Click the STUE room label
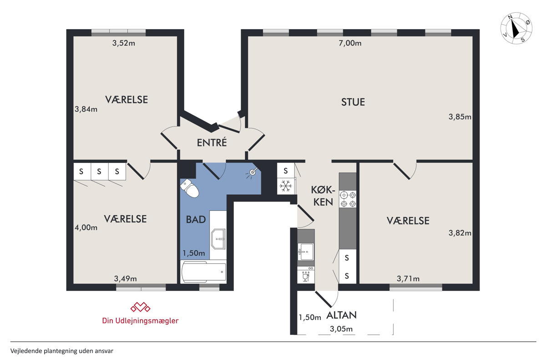353,102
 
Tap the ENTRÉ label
212,142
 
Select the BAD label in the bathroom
196,220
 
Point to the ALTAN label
341,315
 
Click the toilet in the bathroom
189,188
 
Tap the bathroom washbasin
218,239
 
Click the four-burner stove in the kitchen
348,199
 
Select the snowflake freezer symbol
285,186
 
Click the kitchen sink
306,251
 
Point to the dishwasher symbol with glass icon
306,275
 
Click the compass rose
516,28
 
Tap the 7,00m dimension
350,43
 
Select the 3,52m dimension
124,43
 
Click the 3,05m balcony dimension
341,329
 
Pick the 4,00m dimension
86,227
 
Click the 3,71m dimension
408,278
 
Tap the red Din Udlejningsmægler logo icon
140,307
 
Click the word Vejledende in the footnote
26,351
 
